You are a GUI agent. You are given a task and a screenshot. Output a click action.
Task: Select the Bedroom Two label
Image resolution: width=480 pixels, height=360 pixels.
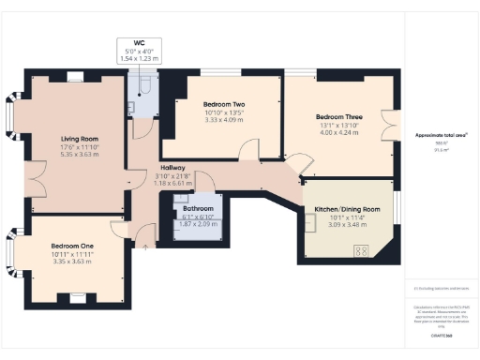[x=224, y=105]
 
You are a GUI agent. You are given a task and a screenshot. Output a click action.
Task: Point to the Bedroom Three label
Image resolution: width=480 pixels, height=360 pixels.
[x=337, y=118]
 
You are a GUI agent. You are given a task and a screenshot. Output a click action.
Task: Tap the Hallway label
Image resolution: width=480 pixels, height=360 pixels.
[x=172, y=166]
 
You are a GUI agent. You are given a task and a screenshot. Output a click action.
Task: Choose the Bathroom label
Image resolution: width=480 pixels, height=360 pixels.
[x=197, y=208]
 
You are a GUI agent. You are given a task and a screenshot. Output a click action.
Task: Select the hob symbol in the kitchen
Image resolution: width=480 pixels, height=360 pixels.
[x=360, y=250]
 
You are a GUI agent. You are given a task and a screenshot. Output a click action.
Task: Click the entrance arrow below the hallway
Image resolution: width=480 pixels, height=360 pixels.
[x=145, y=247]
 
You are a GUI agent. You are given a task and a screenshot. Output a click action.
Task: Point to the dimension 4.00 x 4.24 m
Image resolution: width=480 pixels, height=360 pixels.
[x=337, y=134]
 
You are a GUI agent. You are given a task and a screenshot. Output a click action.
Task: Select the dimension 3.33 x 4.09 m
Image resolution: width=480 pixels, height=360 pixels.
[x=224, y=121]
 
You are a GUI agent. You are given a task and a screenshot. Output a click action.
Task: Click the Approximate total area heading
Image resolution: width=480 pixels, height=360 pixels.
[x=441, y=136]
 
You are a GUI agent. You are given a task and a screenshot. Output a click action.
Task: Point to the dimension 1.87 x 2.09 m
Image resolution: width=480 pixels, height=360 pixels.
[x=197, y=224]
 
